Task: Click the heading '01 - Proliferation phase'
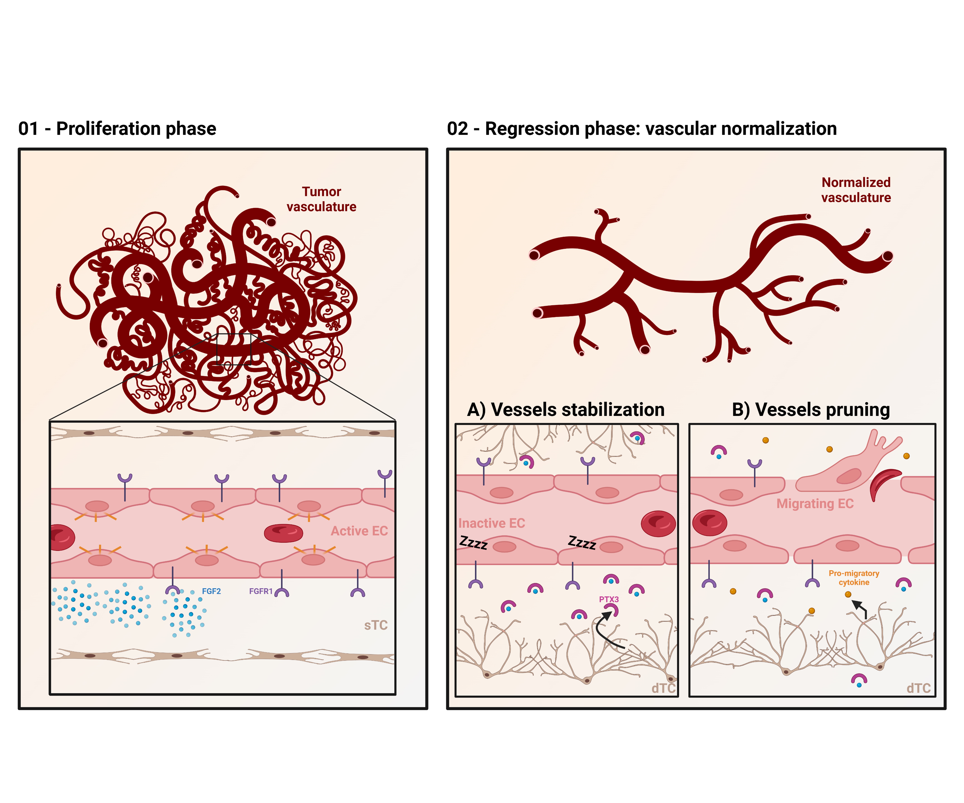(x=117, y=128)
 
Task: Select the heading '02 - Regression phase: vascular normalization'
(x=642, y=128)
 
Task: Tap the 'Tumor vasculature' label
(x=321, y=199)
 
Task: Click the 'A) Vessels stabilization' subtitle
(x=566, y=409)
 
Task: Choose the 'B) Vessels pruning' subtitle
(x=811, y=409)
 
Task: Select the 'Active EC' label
(x=359, y=531)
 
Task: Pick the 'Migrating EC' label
(x=815, y=504)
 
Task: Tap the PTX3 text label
(x=609, y=599)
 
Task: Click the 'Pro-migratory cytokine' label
(x=854, y=578)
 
